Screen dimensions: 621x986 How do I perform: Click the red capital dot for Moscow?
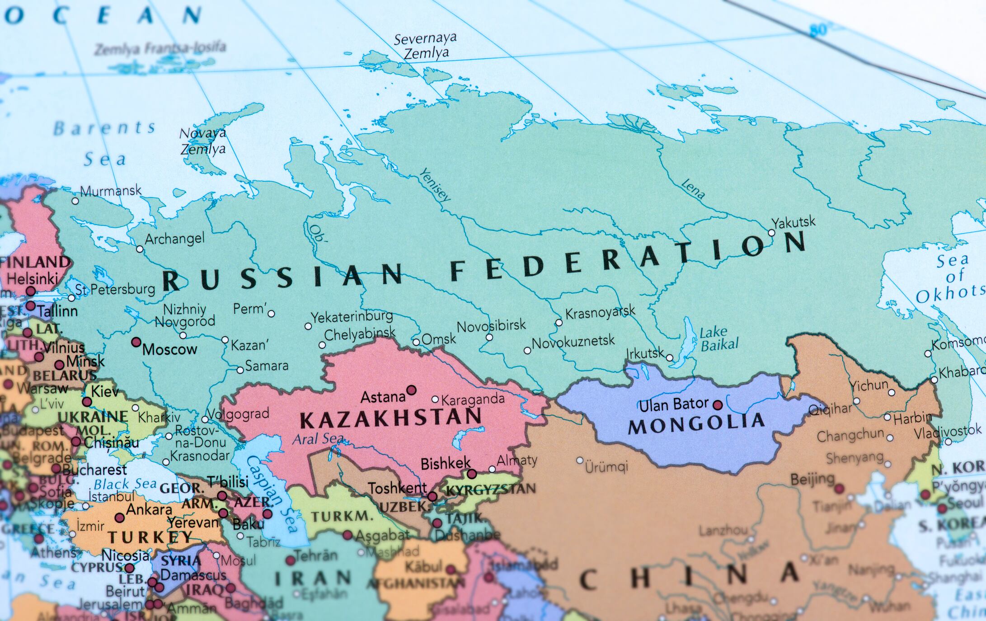click(x=136, y=342)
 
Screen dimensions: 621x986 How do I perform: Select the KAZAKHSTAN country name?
click(x=391, y=419)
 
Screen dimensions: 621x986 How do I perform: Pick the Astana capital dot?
click(x=411, y=390)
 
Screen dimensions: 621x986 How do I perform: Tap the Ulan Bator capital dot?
click(x=718, y=405)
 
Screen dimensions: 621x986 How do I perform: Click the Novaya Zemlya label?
click(x=203, y=141)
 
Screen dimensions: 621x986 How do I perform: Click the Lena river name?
click(x=693, y=189)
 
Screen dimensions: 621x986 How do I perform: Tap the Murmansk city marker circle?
click(x=75, y=201)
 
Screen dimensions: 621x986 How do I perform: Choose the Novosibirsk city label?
click(x=491, y=325)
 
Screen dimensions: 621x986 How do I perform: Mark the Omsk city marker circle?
click(x=416, y=342)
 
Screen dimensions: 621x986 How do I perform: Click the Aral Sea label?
click(x=318, y=439)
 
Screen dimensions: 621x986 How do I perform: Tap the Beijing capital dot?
click(x=839, y=489)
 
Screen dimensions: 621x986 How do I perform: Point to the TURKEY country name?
click(x=150, y=537)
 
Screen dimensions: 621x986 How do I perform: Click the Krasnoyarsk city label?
click(x=600, y=312)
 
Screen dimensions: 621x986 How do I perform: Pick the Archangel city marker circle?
click(x=140, y=249)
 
